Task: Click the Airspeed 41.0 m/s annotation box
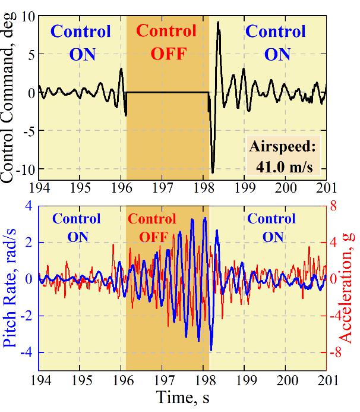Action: click(284, 156)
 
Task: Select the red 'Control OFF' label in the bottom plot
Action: click(152, 228)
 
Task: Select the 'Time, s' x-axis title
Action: click(182, 398)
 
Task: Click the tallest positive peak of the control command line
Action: click(219, 23)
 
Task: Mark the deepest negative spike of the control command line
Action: click(213, 172)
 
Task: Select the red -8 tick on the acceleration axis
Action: click(336, 353)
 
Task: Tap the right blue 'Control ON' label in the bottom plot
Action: click(271, 228)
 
